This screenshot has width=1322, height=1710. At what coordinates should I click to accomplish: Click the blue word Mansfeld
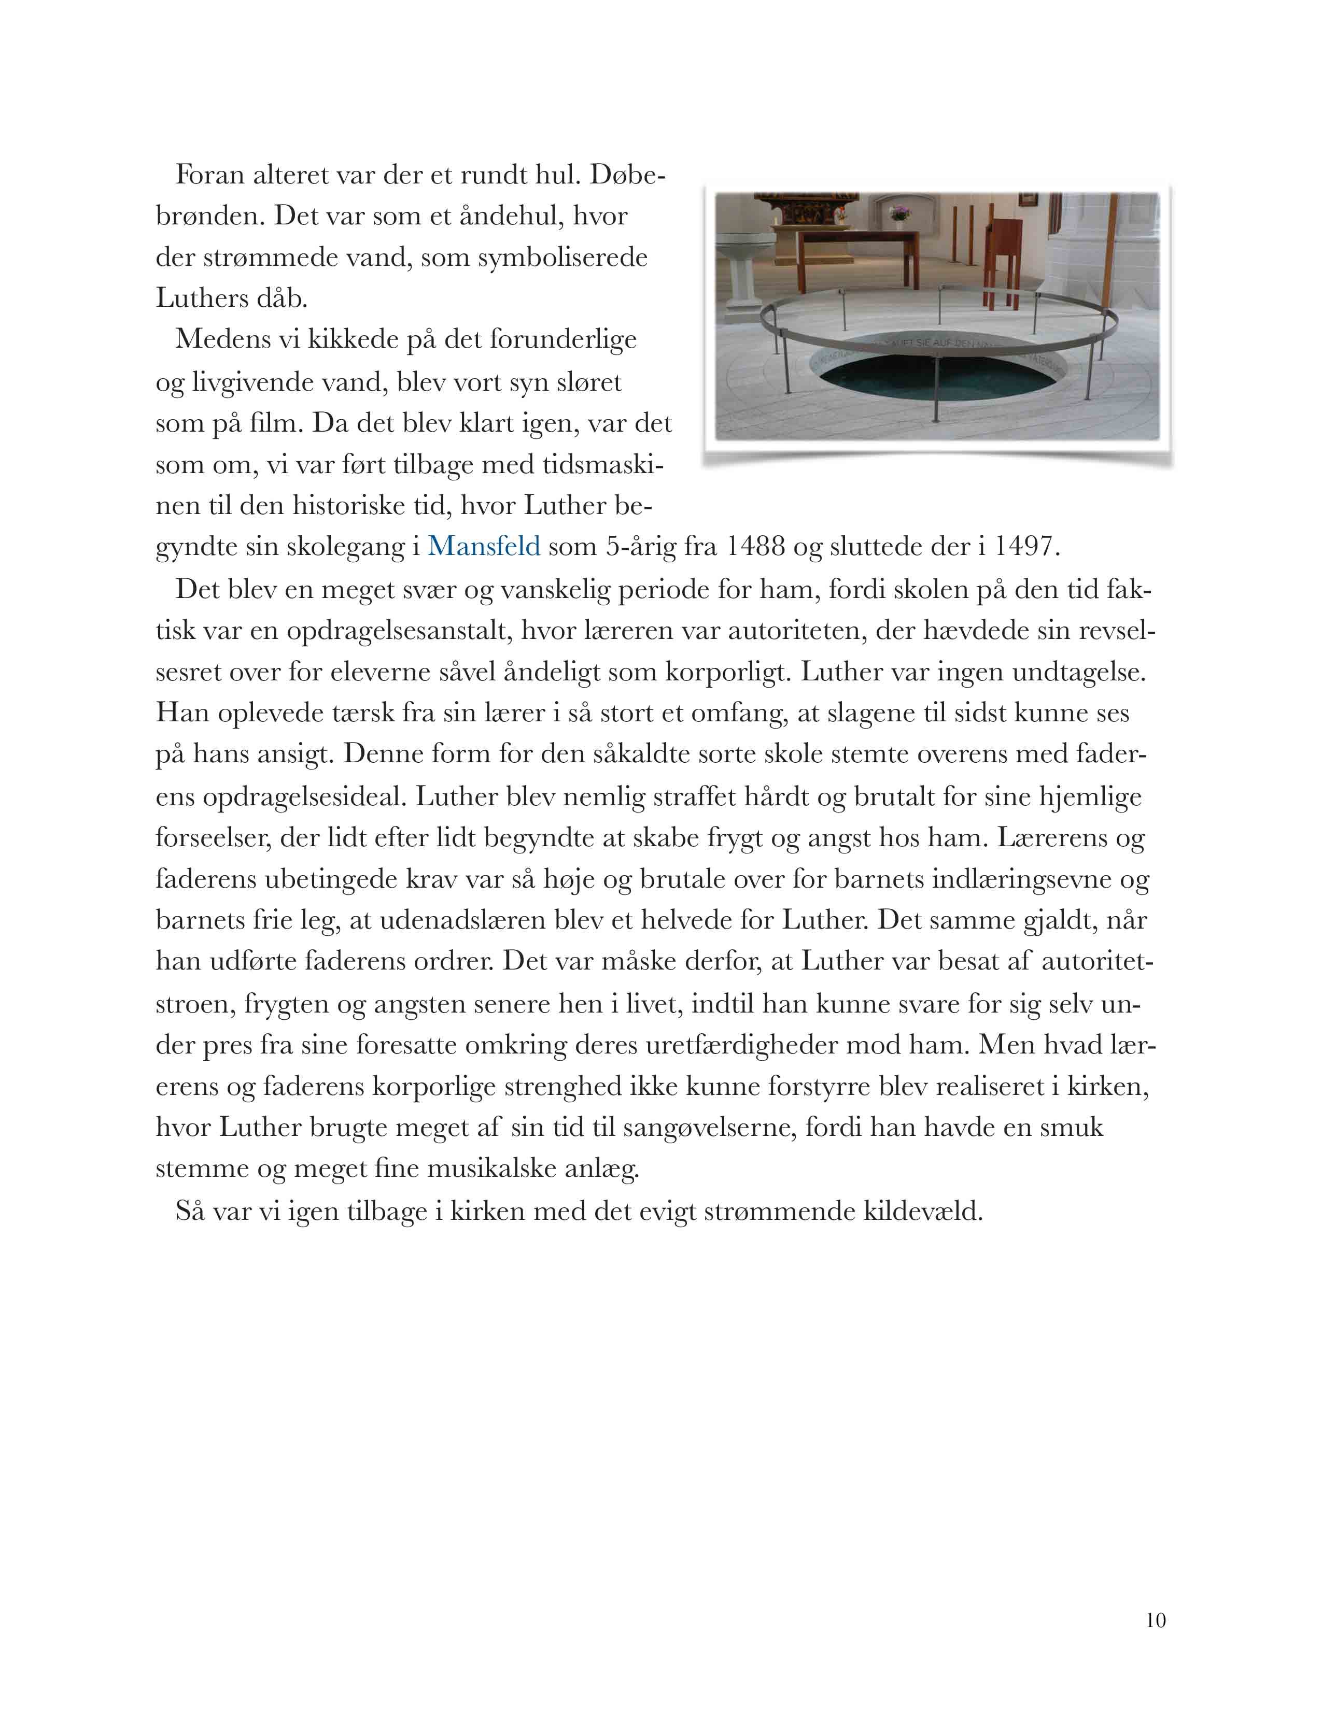pyautogui.click(x=483, y=546)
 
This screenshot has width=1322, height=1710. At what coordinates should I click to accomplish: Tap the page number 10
pyautogui.click(x=1155, y=1620)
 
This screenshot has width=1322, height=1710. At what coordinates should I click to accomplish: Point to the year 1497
pyautogui.click(x=1024, y=546)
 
